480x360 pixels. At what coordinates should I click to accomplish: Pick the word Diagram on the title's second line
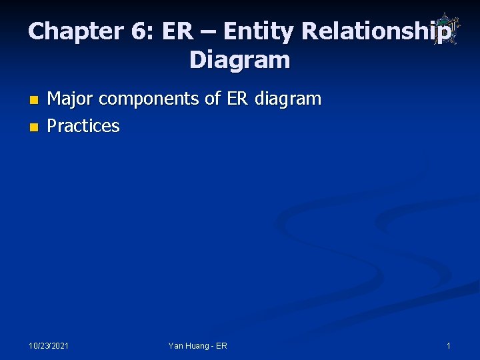coord(240,61)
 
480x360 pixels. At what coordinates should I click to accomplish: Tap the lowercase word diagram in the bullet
coord(288,100)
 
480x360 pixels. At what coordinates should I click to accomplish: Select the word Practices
coord(83,126)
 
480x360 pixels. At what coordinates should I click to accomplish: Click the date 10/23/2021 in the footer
coord(49,346)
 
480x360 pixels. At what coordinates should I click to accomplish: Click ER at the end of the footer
coord(221,346)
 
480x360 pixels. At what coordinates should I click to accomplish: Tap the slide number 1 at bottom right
coord(449,346)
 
